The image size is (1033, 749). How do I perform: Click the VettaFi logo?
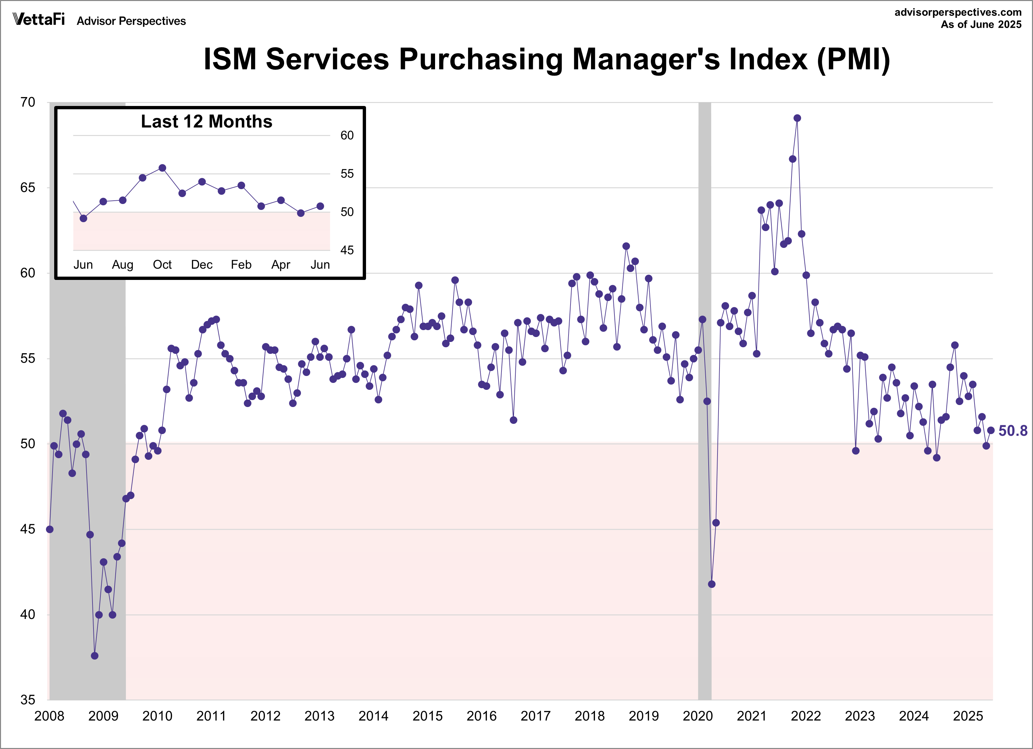click(x=39, y=19)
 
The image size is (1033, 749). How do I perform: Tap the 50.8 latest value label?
click(x=1013, y=430)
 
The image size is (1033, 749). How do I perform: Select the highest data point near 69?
click(x=797, y=118)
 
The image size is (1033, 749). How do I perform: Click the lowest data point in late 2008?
click(x=94, y=656)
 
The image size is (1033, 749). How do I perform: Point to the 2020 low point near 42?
click(x=712, y=584)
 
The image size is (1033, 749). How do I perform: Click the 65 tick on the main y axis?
click(x=28, y=187)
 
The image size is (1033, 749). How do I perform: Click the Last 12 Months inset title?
click(x=206, y=121)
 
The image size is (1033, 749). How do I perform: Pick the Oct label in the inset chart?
click(x=162, y=265)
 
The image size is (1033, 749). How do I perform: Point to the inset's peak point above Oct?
click(x=162, y=168)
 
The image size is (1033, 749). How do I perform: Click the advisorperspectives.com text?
click(x=958, y=12)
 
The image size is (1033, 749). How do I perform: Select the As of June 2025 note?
click(x=981, y=24)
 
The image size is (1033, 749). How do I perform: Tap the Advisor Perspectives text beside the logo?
click(x=131, y=21)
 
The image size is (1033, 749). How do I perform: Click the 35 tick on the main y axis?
click(x=28, y=700)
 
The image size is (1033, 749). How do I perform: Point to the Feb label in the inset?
click(x=241, y=265)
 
